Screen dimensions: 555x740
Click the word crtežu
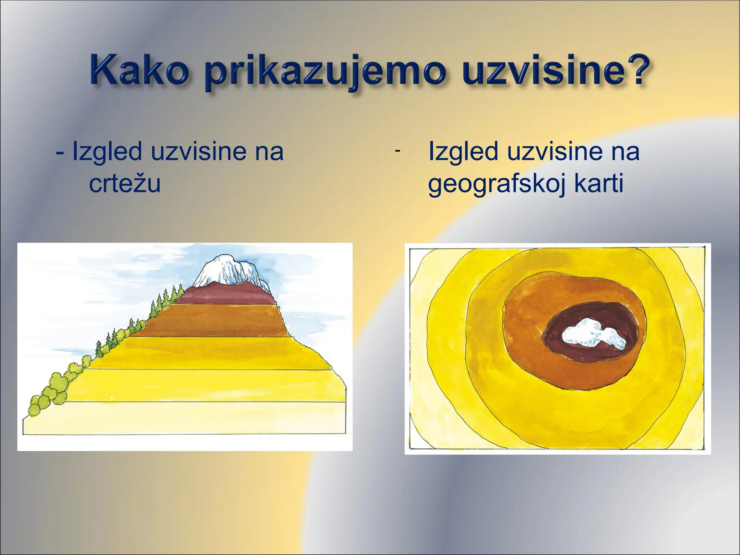click(125, 184)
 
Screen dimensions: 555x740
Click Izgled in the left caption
click(107, 151)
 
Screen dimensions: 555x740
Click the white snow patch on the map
click(593, 334)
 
